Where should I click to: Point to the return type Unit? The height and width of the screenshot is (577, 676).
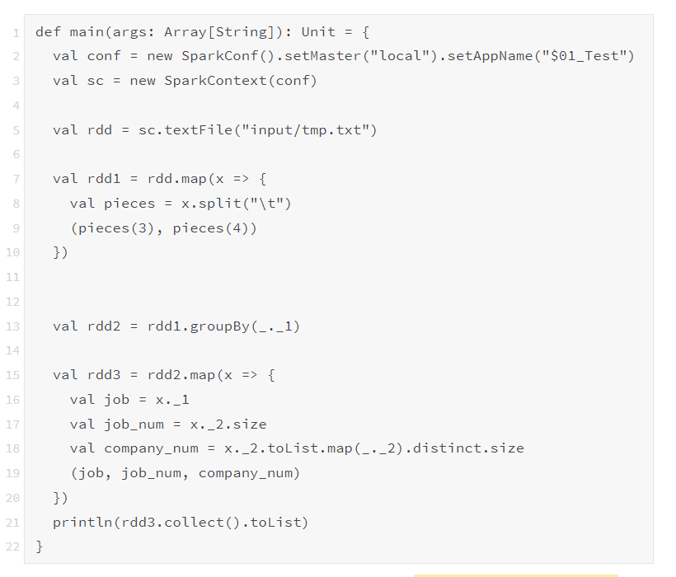point(318,32)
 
